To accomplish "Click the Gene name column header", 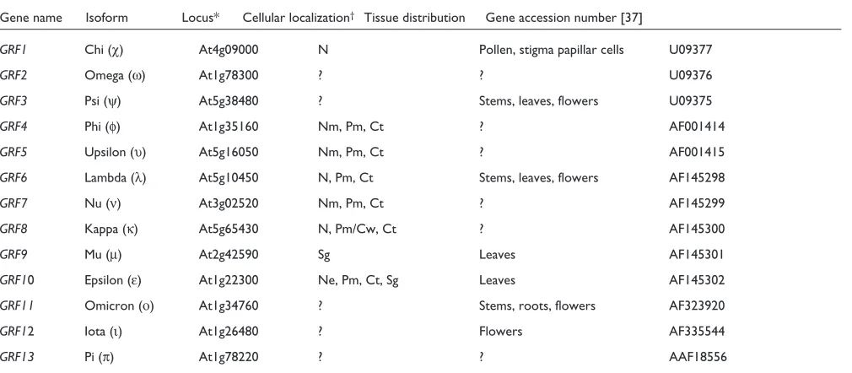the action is pos(31,18).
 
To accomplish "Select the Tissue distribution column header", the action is pos(414,18).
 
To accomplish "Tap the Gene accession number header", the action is pos(564,18).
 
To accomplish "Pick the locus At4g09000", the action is pos(229,50).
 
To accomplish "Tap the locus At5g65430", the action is pos(229,229).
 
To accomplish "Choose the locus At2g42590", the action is pos(229,255).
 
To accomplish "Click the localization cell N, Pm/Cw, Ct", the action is pos(357,229).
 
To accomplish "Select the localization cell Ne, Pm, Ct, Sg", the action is pos(359,280).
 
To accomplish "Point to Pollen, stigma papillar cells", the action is pos(552,50).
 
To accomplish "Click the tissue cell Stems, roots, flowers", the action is pos(537,305).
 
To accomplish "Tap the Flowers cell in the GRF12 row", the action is pos(500,331).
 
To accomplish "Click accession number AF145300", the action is pos(697,229).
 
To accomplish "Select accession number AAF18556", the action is pos(698,357).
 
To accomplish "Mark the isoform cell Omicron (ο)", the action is pos(119,305).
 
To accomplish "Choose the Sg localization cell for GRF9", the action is pos(324,255).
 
